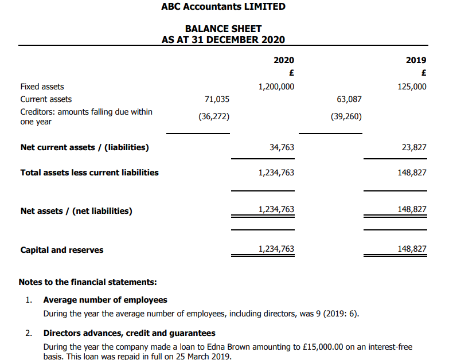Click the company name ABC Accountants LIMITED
[x=223, y=7]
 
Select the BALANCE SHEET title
[x=223, y=29]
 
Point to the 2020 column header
[x=284, y=60]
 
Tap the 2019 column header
[x=416, y=60]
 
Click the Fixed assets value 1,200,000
[x=276, y=87]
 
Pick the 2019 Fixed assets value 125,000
[x=412, y=87]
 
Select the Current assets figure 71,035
[x=217, y=99]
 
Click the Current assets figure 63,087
[x=349, y=99]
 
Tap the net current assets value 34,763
[x=282, y=147]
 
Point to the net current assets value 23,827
[x=414, y=147]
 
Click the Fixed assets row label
[x=42, y=87]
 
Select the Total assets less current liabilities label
[x=89, y=172]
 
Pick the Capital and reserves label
[x=62, y=250]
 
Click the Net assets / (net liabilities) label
[x=76, y=211]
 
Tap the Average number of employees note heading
[x=106, y=300]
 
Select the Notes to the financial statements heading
[x=88, y=282]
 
